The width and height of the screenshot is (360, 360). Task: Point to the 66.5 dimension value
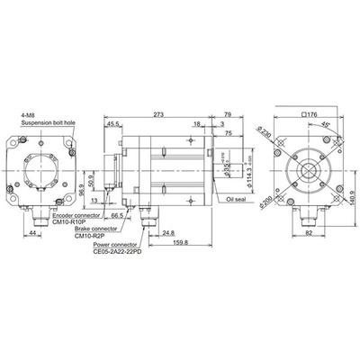pos(117,216)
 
